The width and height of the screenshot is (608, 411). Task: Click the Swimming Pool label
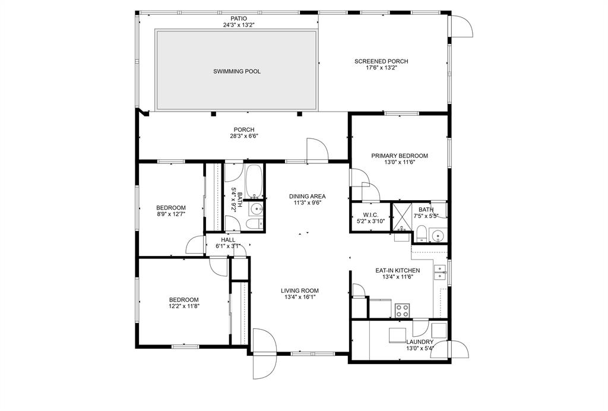coord(237,71)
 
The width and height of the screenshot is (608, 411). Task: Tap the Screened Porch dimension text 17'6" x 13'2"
coord(382,68)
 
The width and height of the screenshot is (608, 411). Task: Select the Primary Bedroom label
coord(400,156)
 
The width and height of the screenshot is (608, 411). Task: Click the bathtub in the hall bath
coord(254,182)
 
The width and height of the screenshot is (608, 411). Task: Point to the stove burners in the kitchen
coord(402,311)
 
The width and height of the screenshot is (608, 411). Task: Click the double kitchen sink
coord(440,272)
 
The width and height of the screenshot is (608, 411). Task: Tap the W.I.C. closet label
coord(370,215)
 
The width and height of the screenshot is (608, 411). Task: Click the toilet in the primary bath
coord(422,234)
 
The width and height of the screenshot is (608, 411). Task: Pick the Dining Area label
coord(308,196)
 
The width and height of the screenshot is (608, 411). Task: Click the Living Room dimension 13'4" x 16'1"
coord(300,298)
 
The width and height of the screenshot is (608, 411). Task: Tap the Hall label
coord(228,240)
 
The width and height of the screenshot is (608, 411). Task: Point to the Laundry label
coord(420,342)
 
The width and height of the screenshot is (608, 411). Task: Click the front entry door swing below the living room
coord(264,353)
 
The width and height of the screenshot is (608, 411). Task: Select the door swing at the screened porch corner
coord(462,26)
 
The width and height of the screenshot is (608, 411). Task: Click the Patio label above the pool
coord(239,18)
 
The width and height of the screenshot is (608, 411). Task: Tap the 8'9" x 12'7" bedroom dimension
coord(171,214)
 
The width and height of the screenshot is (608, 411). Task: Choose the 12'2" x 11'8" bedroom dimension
coord(184,306)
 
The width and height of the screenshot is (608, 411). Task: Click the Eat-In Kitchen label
coord(398,271)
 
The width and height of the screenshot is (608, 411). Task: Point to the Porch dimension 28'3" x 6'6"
coord(244,136)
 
